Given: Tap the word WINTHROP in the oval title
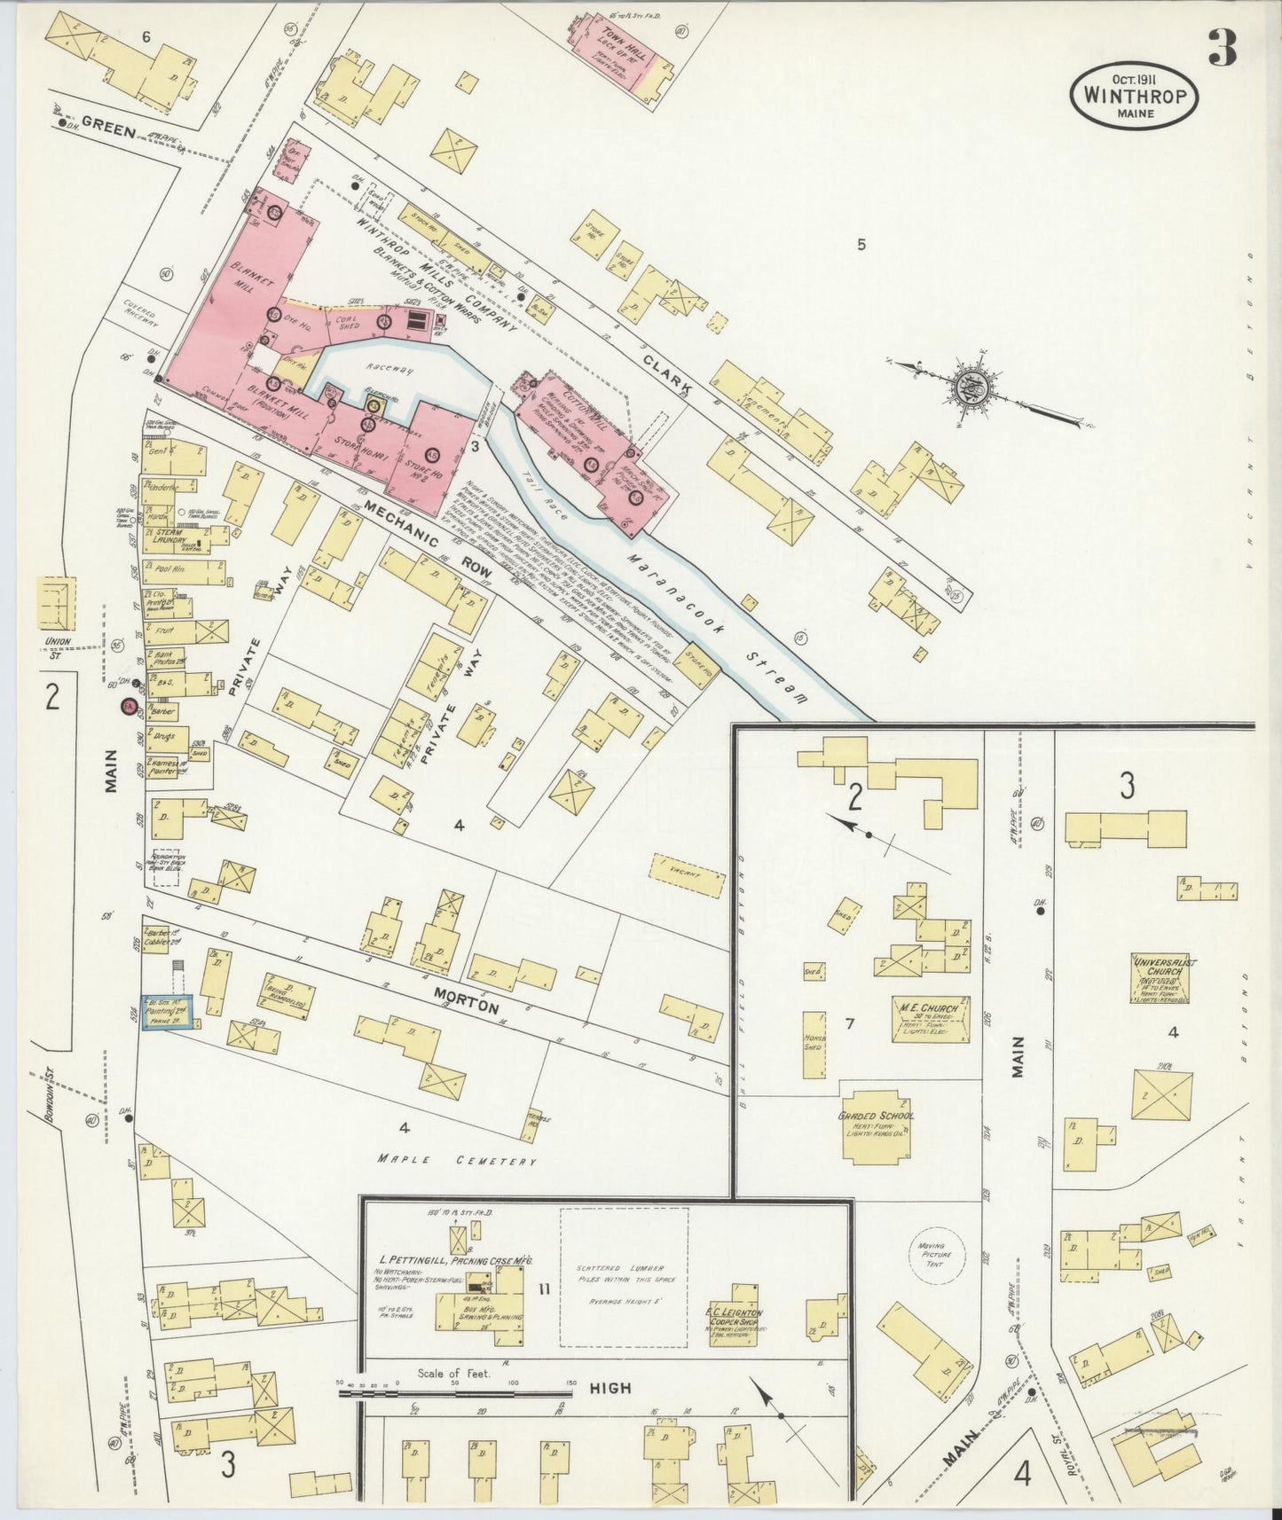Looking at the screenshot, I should point(1134,95).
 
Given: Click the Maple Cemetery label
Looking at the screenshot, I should point(457,1159).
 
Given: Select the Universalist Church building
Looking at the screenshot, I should point(1159,978).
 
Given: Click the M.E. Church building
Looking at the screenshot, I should point(930,1018).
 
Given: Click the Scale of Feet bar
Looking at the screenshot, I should point(457,1393).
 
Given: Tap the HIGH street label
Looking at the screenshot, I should point(610,1388).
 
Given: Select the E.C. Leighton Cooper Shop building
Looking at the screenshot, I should point(738,1316).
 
